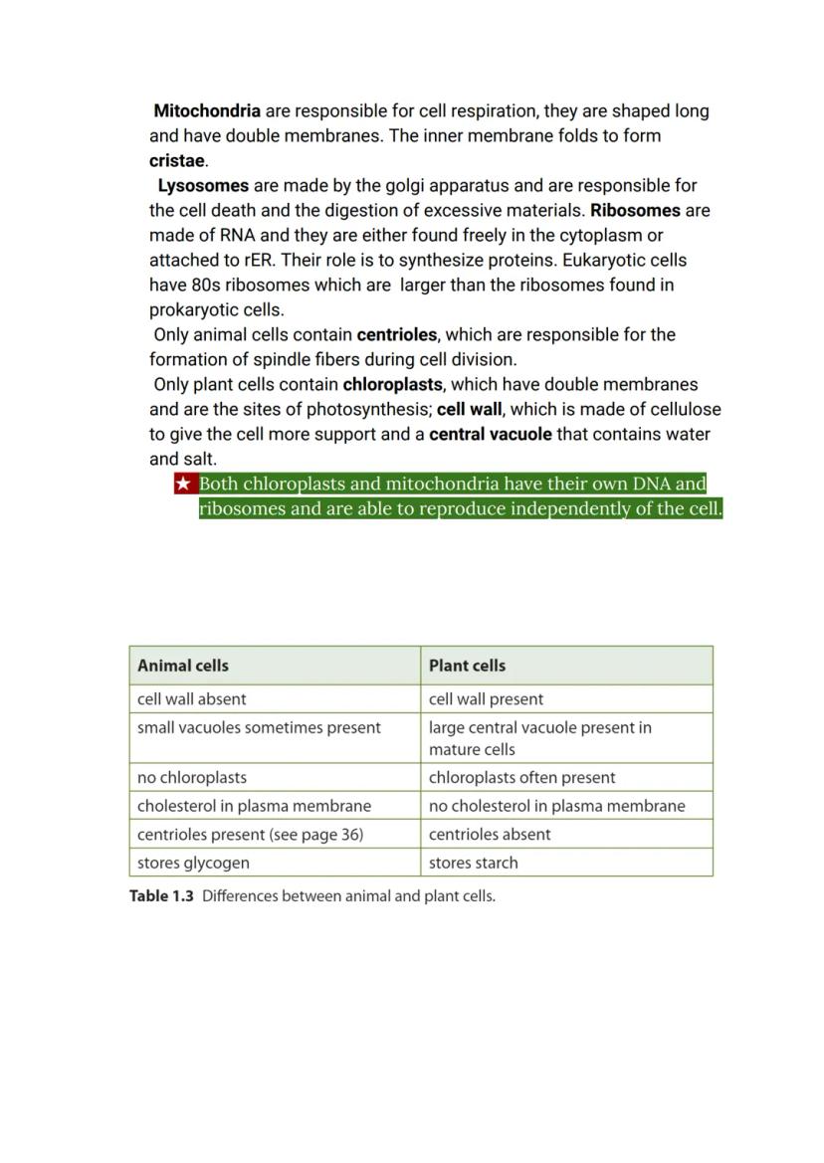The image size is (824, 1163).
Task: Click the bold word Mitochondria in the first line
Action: point(207,111)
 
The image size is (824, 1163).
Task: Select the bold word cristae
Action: point(177,161)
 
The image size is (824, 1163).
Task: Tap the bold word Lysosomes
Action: point(203,186)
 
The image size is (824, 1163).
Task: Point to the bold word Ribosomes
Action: point(635,211)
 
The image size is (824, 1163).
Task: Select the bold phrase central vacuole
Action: point(491,435)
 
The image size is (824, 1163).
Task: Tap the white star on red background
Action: point(183,485)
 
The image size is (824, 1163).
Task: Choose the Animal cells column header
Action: point(183,666)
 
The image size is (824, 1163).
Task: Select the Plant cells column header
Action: point(467,666)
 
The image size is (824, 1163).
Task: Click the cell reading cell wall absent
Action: point(192,699)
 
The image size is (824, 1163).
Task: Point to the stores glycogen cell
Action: point(193,863)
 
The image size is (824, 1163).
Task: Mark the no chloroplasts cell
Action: point(192,778)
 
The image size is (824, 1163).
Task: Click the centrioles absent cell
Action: point(490,835)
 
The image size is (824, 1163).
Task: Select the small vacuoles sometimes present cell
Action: point(259,728)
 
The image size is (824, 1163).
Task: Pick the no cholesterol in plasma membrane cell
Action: point(556,806)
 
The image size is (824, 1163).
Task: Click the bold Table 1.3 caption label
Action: point(161,896)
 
